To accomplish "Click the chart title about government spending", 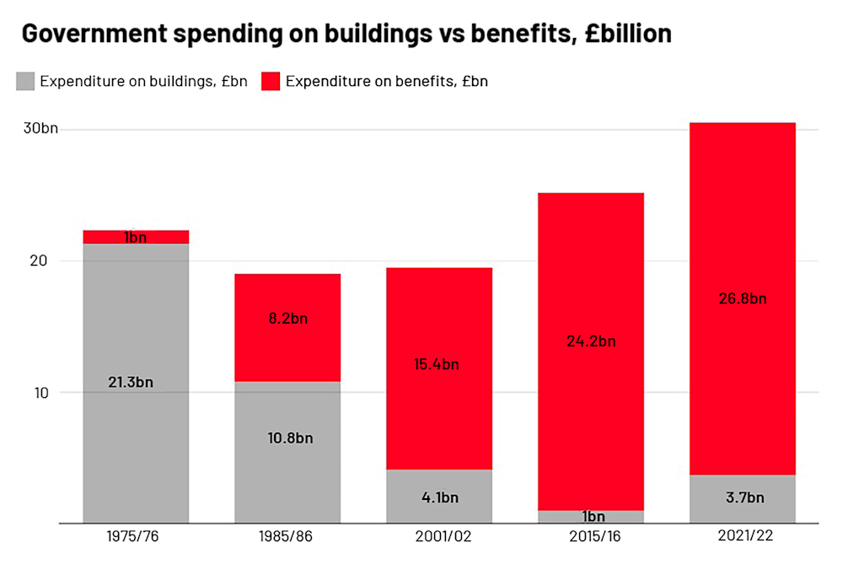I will pos(346,34).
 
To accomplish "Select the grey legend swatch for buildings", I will pos(25,81).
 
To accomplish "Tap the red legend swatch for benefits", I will pos(271,81).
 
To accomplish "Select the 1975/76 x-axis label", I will pos(136,536).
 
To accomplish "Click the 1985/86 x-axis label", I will pos(287,536).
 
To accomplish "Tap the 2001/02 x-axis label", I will pos(439,536).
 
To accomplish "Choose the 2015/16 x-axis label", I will pos(591,536).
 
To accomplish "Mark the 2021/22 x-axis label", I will pos(743,536).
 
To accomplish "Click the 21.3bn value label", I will pos(131,382).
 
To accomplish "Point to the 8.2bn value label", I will pos(287,320).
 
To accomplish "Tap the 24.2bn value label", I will pos(591,341).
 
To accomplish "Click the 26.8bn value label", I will pos(743,298).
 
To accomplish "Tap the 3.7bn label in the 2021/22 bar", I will pos(743,497).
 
